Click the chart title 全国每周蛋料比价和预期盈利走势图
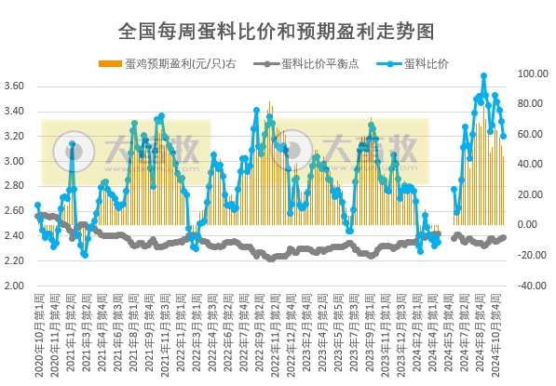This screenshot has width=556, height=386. pyautogui.click(x=277, y=30)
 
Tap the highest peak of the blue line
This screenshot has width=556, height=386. pyautogui.click(x=483, y=76)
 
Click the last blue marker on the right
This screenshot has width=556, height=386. pyautogui.click(x=504, y=136)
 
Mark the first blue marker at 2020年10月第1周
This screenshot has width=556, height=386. pyautogui.click(x=37, y=206)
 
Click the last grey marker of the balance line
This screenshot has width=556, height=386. pyautogui.click(x=504, y=237)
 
